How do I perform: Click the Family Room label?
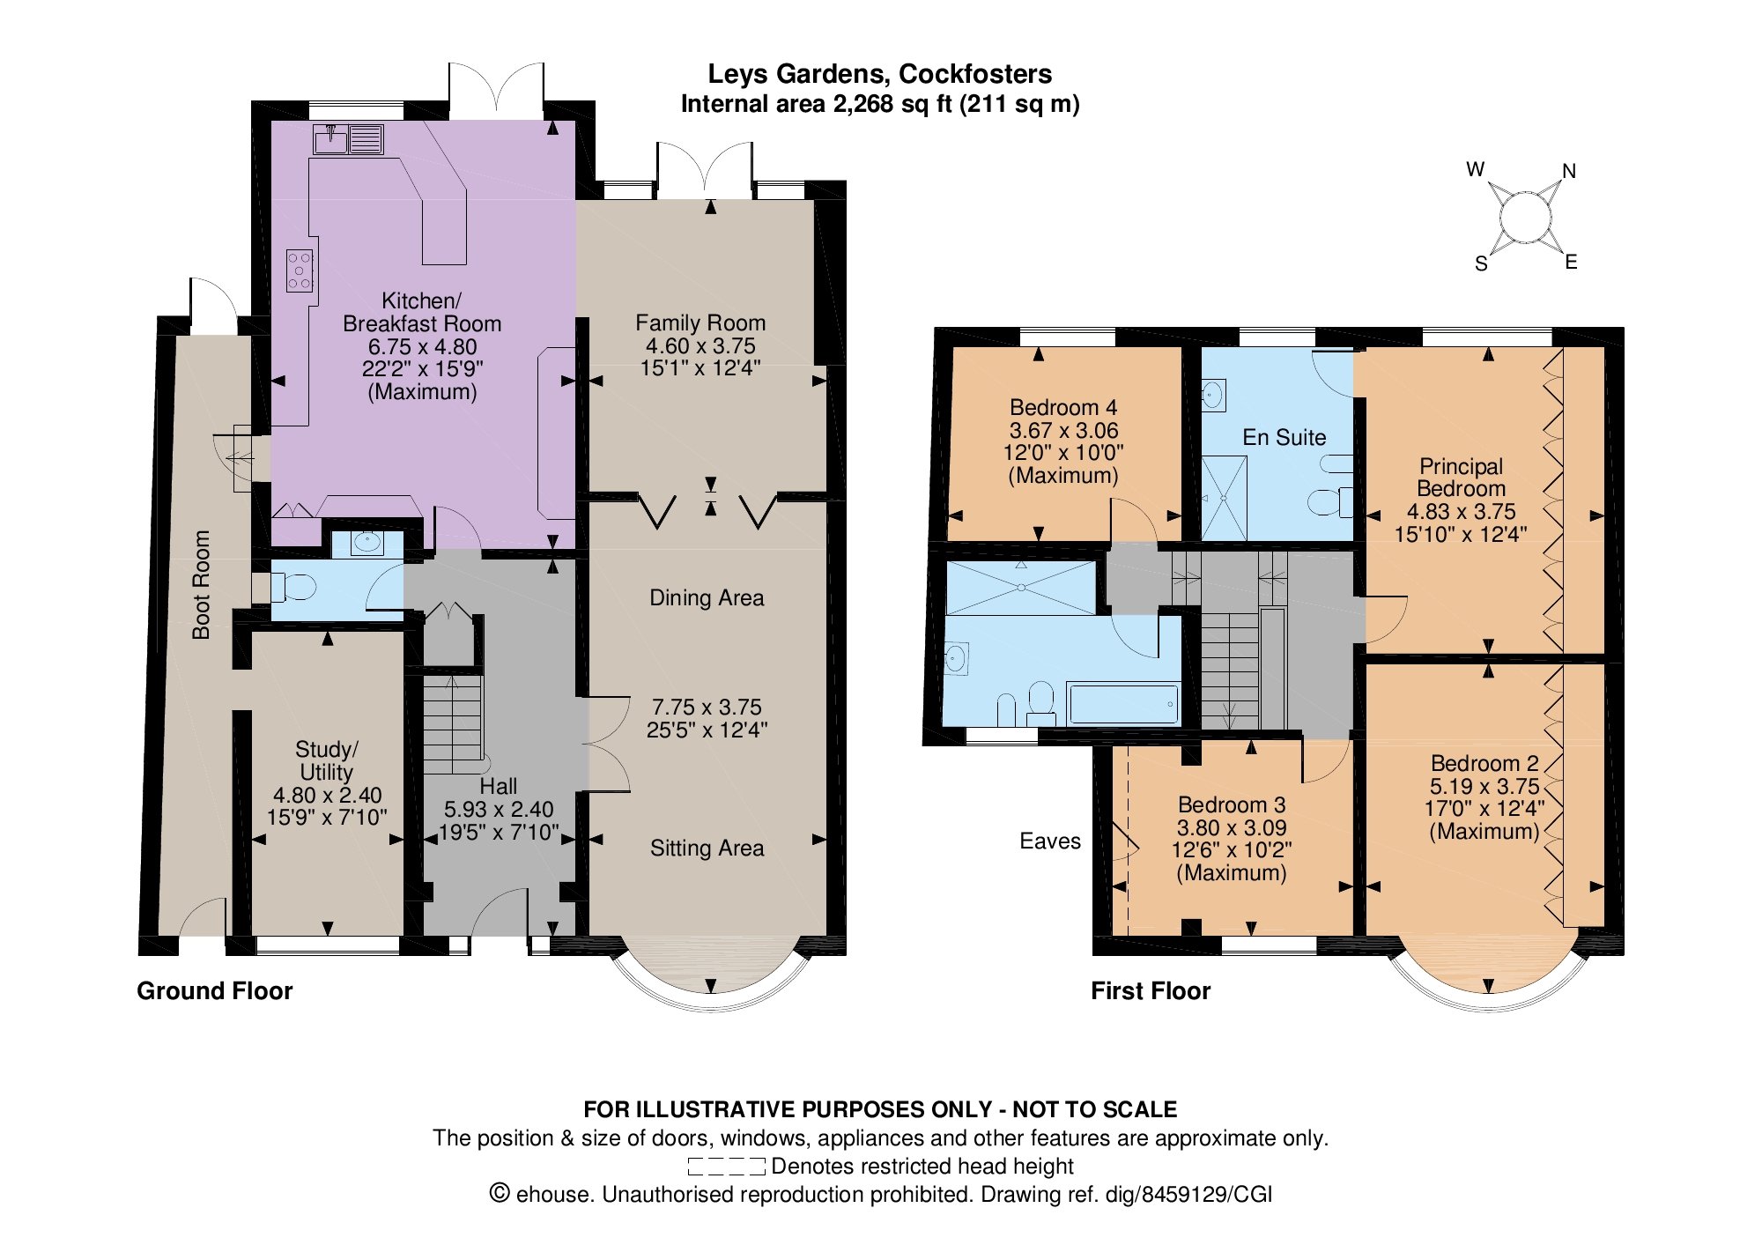click(700, 323)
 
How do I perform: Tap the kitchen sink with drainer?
click(348, 139)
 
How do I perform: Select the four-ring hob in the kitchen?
click(300, 270)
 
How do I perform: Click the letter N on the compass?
click(1568, 171)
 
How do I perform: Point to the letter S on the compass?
click(1481, 264)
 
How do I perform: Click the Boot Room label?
click(202, 584)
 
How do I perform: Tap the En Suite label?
click(1284, 437)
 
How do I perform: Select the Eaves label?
click(1049, 841)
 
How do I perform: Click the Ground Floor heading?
click(214, 990)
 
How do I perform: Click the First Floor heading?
click(1151, 990)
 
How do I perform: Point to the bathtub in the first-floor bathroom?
click(1123, 704)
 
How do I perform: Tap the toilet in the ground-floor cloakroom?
click(293, 587)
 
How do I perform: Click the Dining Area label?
click(707, 597)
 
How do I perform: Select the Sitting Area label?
click(707, 848)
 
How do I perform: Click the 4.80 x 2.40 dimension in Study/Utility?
click(327, 795)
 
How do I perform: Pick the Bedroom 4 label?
click(1063, 407)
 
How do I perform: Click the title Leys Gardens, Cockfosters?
click(880, 74)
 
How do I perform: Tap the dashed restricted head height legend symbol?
click(727, 1167)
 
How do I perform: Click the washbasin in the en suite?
click(1214, 395)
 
